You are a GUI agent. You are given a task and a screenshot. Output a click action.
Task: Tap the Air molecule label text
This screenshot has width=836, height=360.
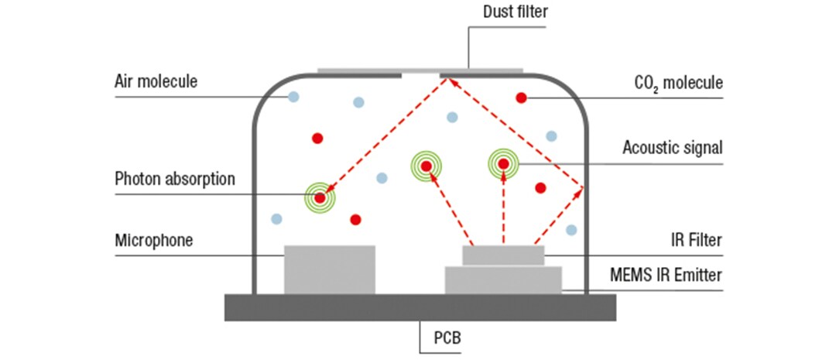pos(156,81)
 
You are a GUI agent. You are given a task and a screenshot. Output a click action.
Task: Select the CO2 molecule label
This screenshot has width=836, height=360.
pos(677,81)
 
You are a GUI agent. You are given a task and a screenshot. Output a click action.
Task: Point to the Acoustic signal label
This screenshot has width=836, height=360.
pos(672,147)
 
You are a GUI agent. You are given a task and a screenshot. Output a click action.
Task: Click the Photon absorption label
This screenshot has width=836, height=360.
pos(174,179)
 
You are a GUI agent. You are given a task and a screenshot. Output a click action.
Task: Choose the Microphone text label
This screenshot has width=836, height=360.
pos(153,240)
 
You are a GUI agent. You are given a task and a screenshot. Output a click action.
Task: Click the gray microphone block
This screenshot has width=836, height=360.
pos(330,269)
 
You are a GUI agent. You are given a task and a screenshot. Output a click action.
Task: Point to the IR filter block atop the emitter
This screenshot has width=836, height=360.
pos(503,255)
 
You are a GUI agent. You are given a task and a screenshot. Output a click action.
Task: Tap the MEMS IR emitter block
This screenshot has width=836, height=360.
pos(503,280)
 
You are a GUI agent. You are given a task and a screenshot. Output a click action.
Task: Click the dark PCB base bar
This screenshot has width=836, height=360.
pos(420,307)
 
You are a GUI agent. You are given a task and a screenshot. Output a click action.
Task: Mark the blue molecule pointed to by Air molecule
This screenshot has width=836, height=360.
pos(293,97)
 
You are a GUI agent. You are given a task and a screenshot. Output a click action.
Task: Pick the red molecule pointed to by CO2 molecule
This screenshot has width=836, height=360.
pos(522,98)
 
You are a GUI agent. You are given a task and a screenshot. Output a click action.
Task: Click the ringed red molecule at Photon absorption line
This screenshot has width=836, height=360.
pos(320,198)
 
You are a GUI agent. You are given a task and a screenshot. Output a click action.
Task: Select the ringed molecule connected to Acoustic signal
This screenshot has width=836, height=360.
pos(503,163)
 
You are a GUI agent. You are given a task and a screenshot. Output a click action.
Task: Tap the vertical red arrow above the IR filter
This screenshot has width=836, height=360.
pos(503,209)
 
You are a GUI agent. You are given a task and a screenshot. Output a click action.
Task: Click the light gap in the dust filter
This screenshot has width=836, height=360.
pos(420,72)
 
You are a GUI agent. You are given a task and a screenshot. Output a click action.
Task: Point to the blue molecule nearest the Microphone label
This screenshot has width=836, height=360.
pos(276,219)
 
